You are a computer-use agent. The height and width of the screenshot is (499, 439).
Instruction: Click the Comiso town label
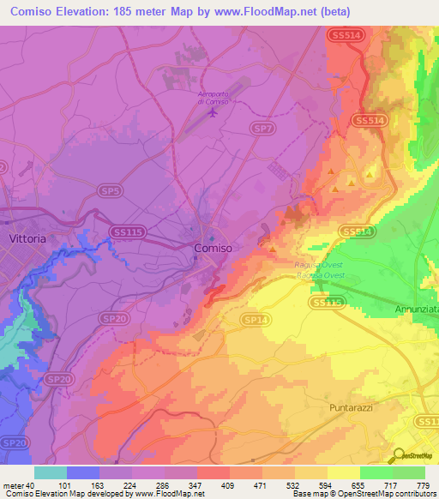[x=213, y=248]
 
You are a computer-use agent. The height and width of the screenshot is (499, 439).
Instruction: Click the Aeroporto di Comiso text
[x=213, y=97]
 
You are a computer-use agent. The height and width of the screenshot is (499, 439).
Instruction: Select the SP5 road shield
[x=108, y=189]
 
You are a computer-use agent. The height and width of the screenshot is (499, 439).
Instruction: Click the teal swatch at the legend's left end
[x=51, y=472]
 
